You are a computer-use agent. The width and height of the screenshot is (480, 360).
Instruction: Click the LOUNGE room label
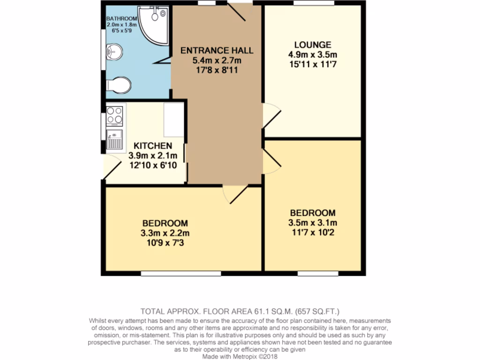[313, 45]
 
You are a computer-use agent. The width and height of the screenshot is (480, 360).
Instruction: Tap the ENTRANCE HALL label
[217, 51]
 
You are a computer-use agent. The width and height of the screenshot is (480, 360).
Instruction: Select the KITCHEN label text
[153, 146]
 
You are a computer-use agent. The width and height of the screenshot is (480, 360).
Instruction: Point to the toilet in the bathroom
[119, 85]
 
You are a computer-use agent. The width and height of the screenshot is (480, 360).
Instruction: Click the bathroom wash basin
[113, 52]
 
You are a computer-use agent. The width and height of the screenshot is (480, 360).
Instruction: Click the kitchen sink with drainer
[114, 139]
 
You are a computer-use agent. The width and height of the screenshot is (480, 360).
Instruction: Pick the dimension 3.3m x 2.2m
[165, 233]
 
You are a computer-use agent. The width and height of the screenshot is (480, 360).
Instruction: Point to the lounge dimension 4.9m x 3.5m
[313, 54]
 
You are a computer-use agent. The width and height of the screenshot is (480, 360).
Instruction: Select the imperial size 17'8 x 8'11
[217, 69]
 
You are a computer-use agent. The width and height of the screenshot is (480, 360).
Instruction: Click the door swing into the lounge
[271, 115]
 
